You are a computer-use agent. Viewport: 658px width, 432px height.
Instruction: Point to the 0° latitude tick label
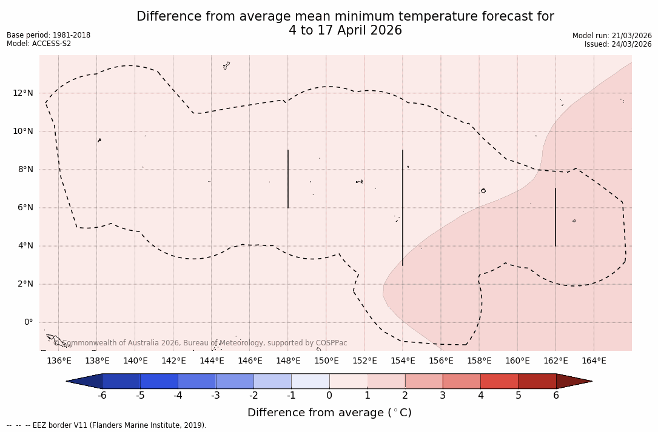28,322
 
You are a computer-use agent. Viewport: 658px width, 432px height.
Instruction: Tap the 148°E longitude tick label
288,361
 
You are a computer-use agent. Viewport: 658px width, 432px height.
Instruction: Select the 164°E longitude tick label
594,361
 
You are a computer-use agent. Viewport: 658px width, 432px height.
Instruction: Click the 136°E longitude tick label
59,361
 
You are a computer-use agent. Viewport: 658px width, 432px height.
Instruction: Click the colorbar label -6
102,396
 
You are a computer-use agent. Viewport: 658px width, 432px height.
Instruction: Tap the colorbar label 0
329,396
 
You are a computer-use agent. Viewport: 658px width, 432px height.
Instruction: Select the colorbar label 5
519,396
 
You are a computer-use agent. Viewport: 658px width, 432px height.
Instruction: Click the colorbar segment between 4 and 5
499,381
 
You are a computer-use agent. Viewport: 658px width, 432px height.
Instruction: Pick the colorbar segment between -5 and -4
159,381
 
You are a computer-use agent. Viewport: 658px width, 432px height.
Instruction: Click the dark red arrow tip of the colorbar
573,381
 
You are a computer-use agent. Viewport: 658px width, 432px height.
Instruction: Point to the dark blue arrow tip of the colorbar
85,381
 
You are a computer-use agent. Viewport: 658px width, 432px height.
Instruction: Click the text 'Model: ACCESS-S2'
39,44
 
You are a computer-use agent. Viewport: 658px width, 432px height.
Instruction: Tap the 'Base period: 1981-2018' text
49,35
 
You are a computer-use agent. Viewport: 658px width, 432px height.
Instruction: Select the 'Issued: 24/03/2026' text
618,44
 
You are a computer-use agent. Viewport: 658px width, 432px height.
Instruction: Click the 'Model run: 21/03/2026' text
612,36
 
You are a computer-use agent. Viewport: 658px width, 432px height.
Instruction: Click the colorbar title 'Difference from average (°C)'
329,413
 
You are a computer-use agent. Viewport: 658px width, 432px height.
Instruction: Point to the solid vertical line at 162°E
556,217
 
